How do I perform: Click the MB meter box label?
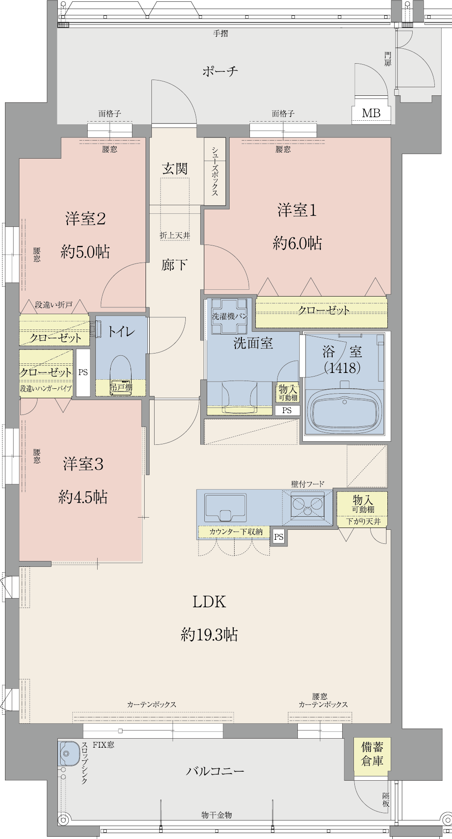(371, 113)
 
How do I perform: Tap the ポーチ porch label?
(220, 71)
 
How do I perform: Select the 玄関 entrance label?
(175, 169)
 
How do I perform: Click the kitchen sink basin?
(226, 507)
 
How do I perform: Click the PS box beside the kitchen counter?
(278, 537)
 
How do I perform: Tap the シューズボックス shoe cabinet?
(215, 171)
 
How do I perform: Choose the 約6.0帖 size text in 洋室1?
(297, 243)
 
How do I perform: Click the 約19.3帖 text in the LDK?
(209, 635)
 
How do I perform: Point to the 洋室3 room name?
(83, 464)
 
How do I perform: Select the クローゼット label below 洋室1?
(324, 310)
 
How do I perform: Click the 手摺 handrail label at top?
(221, 33)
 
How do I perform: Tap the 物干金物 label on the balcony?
(217, 815)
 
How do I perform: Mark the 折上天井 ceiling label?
(175, 236)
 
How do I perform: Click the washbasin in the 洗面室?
(240, 396)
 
